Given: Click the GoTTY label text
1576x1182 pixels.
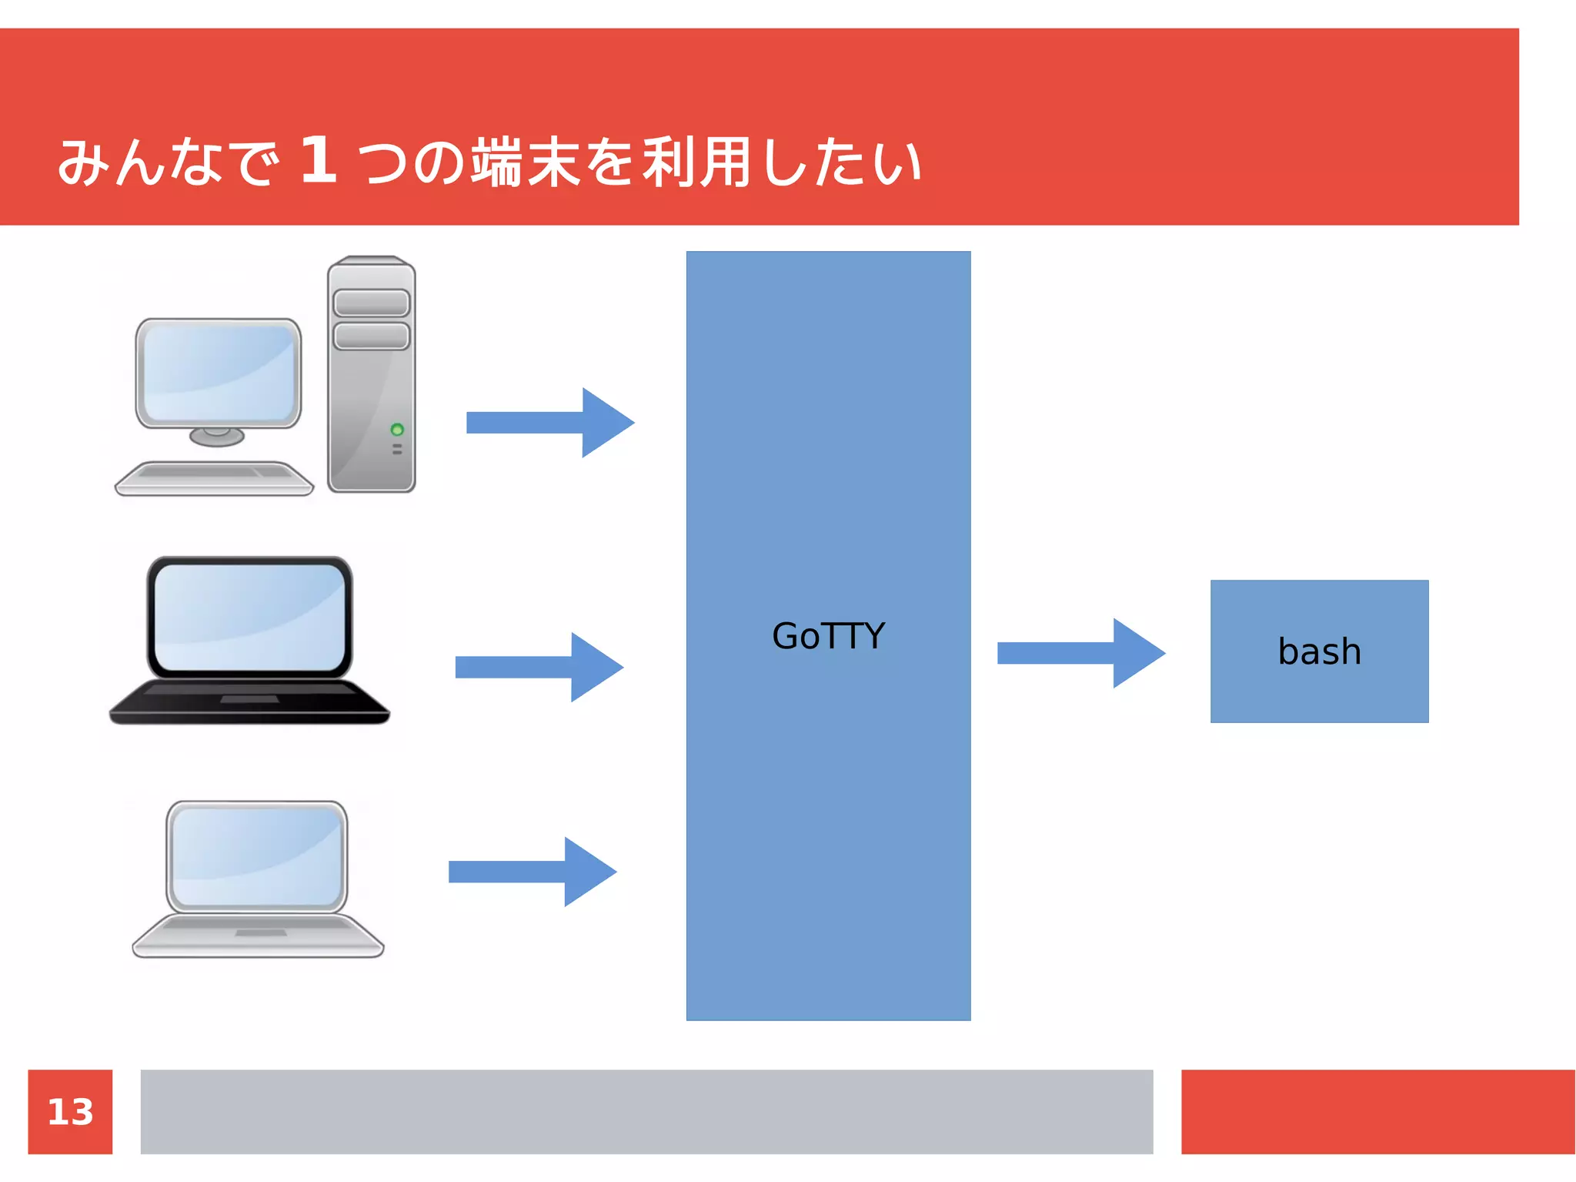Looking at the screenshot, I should (x=828, y=636).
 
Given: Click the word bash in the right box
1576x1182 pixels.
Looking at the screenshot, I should (x=1319, y=651).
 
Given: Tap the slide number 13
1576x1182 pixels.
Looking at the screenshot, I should (x=70, y=1112).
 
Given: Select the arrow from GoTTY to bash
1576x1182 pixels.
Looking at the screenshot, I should (x=1080, y=653).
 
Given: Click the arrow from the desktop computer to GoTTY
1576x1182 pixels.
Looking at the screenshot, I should (x=549, y=423).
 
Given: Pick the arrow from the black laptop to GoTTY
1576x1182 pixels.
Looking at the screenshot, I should (x=539, y=667).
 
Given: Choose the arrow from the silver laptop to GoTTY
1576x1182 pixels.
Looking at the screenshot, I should (x=532, y=872).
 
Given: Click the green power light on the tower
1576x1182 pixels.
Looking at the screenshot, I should (x=397, y=429).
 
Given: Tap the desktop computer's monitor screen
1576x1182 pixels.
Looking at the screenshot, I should (x=219, y=372).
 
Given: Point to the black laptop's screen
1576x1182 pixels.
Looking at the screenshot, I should (x=249, y=616).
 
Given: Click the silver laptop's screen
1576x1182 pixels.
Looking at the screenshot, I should (x=257, y=856).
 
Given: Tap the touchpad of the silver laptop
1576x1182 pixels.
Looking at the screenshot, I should (x=260, y=933).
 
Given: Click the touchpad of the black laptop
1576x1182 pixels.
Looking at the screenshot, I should (x=249, y=699).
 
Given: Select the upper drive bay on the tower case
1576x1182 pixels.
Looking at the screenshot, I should (x=372, y=303).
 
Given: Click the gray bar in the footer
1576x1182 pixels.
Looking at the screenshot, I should (x=646, y=1111).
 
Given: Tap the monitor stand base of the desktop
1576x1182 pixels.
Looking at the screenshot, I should (x=217, y=437).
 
